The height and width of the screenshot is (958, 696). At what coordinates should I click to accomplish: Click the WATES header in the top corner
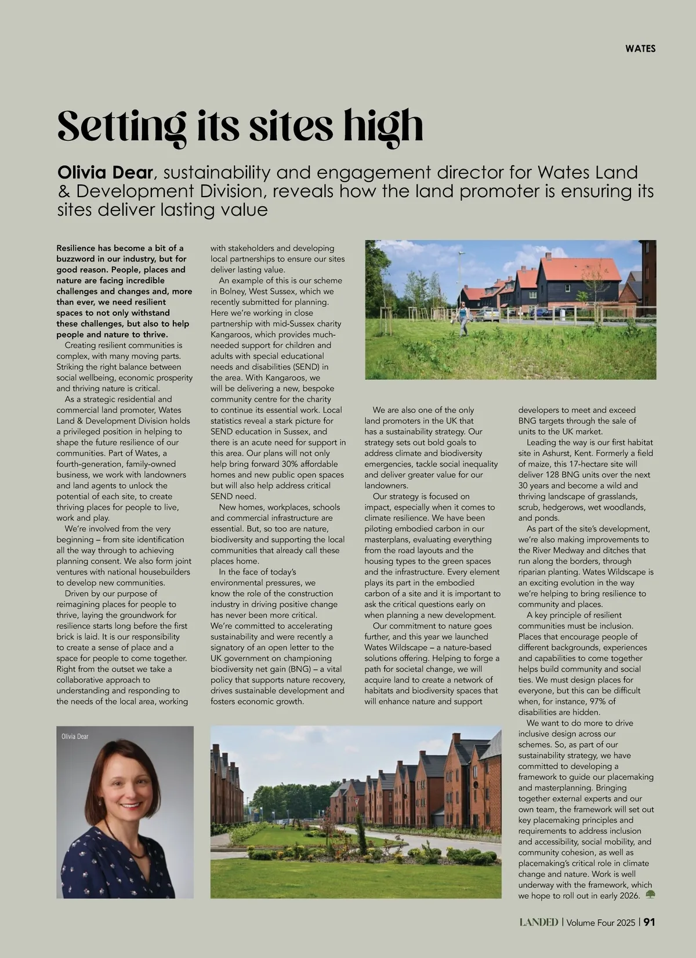tap(640, 49)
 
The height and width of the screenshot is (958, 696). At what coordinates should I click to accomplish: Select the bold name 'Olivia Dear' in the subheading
tap(105, 172)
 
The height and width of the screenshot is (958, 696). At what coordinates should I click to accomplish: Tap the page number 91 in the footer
tap(650, 922)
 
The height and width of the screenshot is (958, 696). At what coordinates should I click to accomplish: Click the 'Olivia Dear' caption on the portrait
tap(75, 736)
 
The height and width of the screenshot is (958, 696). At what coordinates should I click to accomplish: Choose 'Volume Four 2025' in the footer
tap(601, 922)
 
